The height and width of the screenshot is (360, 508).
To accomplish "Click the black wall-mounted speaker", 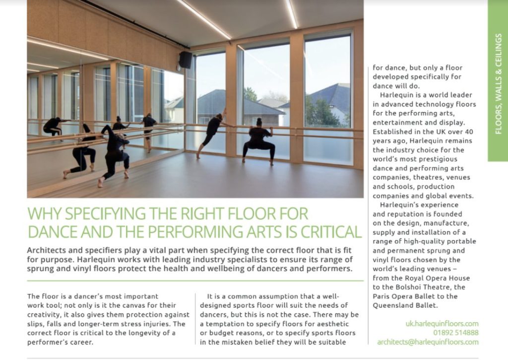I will tap(186, 60).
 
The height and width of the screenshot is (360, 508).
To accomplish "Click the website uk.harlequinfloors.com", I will tap(442, 324).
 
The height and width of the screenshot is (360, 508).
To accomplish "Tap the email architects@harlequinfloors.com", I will tap(428, 342).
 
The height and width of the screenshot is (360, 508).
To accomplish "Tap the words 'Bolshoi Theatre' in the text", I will tap(416, 287).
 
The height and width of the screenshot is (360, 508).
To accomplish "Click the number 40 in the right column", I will tap(457, 132).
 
